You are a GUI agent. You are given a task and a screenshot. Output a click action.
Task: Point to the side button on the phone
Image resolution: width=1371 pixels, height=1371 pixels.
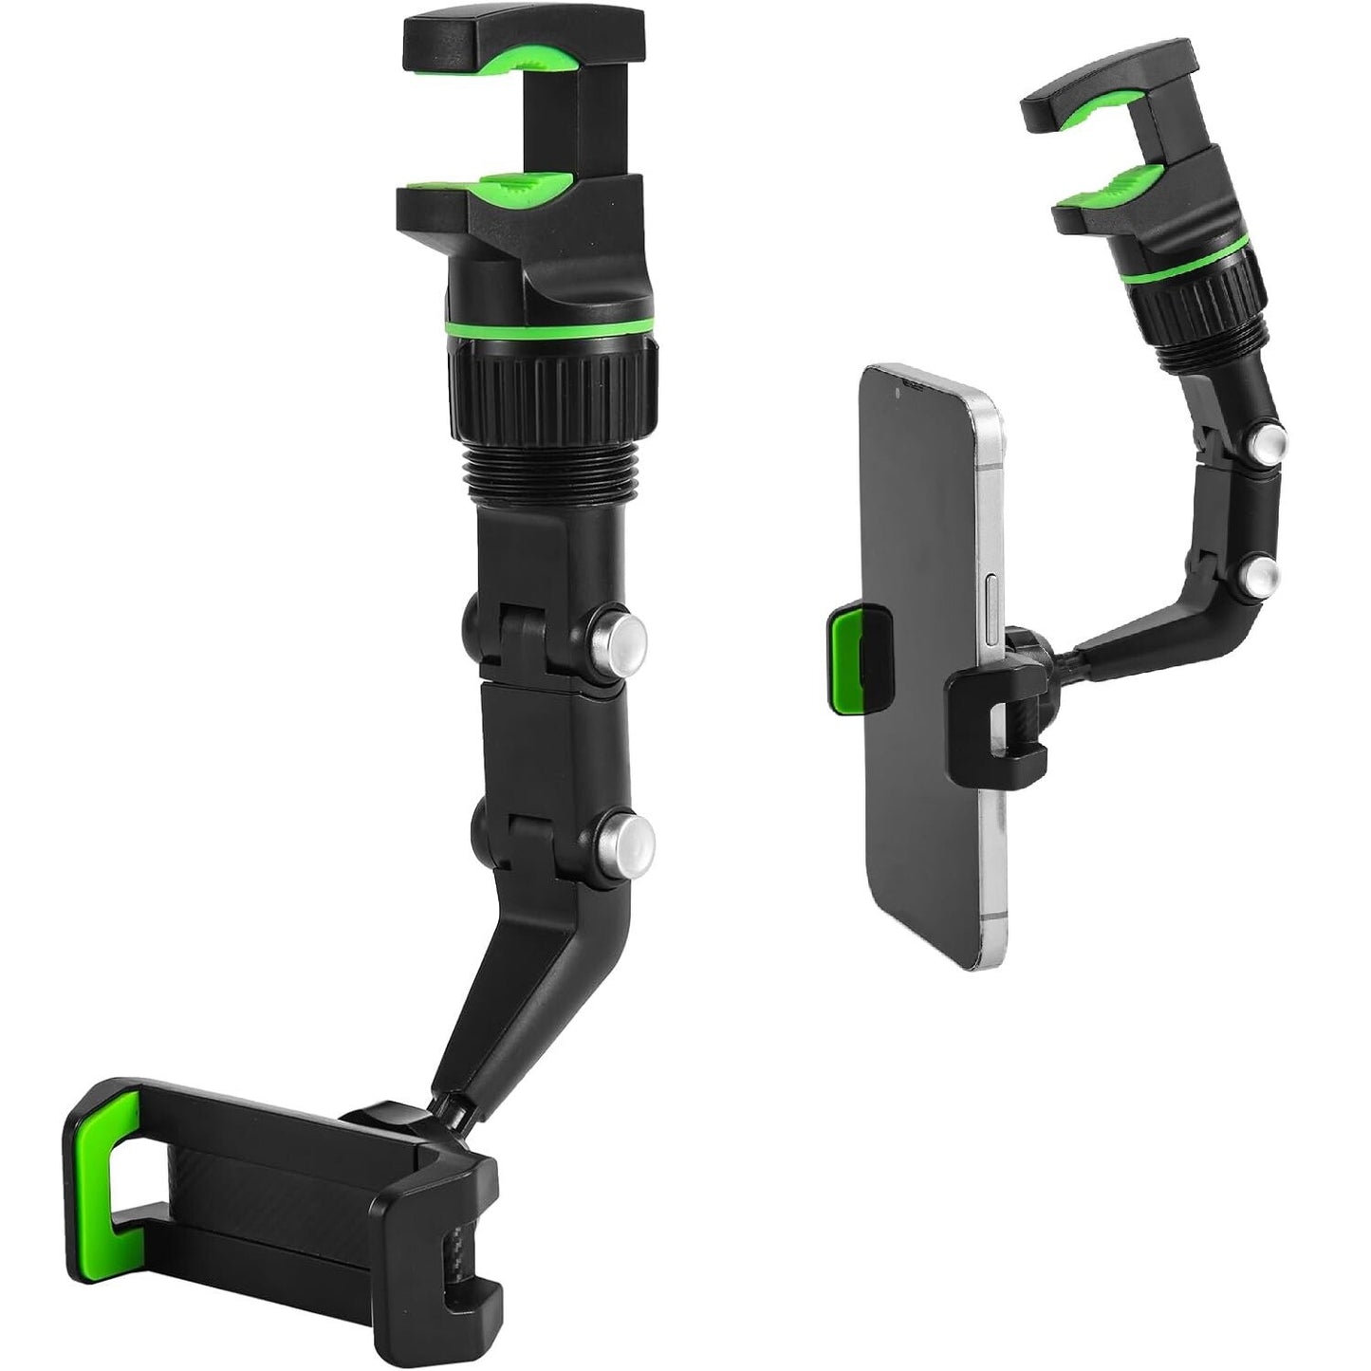coord(992,593)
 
